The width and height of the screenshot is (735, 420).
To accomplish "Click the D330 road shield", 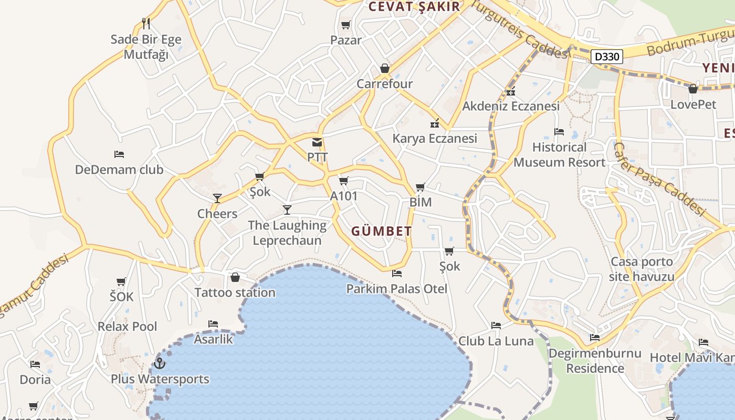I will coord(607,57).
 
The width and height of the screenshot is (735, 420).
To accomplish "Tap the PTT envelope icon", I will coord(317,142).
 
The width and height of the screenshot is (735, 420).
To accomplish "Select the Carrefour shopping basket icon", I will coord(385,69).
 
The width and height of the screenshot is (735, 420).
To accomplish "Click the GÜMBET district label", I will coord(382,232).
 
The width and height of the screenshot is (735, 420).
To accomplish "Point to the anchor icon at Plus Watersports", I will coord(160,363).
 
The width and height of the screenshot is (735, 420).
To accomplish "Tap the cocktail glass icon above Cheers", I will coord(217,198).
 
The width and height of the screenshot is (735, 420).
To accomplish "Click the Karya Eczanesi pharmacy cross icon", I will coord(435,124).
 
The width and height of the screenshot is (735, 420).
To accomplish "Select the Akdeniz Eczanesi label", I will coord(511,107).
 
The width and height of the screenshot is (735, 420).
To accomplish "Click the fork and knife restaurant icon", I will coord(146,24).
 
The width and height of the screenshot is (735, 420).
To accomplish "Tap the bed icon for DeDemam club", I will coord(119,154).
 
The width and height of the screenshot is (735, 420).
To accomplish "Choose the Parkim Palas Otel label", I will coord(397,289).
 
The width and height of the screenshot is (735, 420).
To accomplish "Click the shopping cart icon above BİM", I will coord(420,187).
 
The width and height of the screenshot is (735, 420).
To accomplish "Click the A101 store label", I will coord(344,196).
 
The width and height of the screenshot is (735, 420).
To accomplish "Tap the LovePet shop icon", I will coord(693,89).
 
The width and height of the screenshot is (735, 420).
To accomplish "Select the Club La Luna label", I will coord(496,341).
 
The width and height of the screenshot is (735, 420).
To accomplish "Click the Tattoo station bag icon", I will coord(235,277).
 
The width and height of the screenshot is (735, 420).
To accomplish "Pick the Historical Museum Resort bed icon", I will coord(559,132).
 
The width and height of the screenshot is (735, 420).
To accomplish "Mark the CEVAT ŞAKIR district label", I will coord(414,7).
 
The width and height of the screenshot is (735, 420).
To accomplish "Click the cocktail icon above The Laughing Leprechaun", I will coord(287,210).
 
